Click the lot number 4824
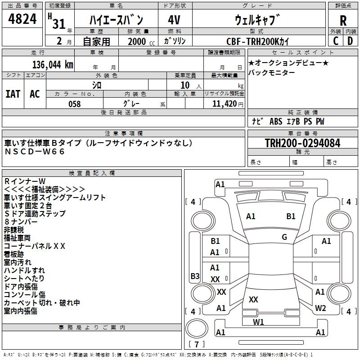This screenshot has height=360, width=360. click(22, 19)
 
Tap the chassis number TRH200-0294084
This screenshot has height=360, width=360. click(302, 143)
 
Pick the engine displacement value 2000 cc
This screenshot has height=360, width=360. click(139, 42)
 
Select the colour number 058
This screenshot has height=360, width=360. click(75, 104)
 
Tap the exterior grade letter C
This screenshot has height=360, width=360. click(335, 41)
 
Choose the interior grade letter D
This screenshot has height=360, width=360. click(351, 41)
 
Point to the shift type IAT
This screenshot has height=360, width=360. click(13, 94)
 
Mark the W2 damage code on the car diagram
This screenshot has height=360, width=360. click(320, 308)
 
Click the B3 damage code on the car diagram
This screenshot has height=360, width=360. click(195, 276)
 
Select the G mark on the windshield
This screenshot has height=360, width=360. click(284, 237)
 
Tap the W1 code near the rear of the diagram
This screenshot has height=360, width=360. click(258, 322)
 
